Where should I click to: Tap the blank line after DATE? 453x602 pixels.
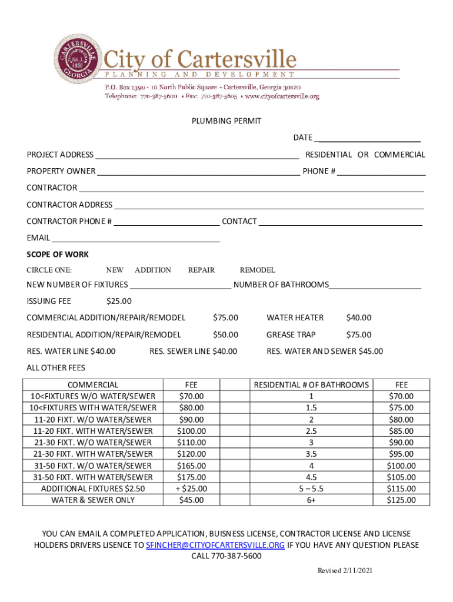[x=367, y=139]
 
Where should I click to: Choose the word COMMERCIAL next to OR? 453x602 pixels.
[x=399, y=155]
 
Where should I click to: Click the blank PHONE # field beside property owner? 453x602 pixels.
[x=381, y=172]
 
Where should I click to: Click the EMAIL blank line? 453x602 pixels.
[x=135, y=239]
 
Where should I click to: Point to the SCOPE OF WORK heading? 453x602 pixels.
[x=58, y=255]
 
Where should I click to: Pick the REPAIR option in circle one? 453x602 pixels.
[x=201, y=270]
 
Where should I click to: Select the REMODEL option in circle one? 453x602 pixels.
[x=257, y=270]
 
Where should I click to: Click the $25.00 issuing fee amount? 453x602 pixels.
[x=119, y=302]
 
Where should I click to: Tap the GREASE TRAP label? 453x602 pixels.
[x=291, y=335]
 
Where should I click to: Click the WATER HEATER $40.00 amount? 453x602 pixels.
[x=358, y=317]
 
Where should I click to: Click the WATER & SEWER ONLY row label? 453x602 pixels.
[x=93, y=500]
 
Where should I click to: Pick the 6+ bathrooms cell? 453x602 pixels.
[x=311, y=500]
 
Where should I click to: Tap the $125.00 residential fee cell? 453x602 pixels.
[x=401, y=500]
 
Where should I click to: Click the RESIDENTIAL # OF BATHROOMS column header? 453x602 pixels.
[x=311, y=384]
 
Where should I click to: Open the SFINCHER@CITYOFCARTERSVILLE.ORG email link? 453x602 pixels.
[x=215, y=545]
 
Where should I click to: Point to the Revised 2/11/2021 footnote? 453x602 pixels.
[x=345, y=571]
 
